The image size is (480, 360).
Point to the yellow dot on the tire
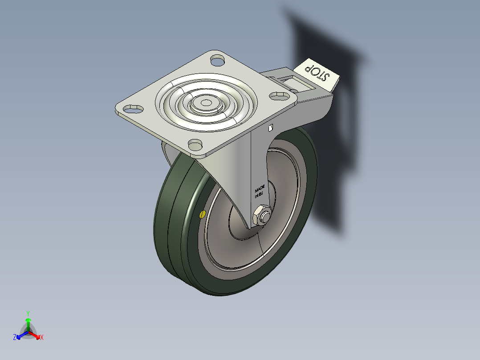(x=203, y=215)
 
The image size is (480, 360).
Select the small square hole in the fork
(x=270, y=128)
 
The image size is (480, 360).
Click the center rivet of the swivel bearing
(x=206, y=103)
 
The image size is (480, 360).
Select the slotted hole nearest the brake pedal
(x=279, y=95)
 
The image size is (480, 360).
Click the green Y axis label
(x=28, y=313)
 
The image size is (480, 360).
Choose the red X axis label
(x=42, y=338)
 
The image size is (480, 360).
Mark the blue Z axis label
(x=15, y=338)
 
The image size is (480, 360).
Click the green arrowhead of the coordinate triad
(x=28, y=320)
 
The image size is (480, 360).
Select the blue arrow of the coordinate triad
(x=20, y=335)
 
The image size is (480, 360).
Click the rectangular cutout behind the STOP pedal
(x=295, y=82)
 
